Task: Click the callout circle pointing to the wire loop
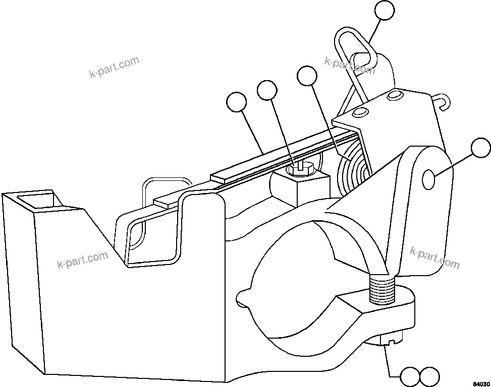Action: (385, 12)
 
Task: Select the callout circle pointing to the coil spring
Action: (307, 77)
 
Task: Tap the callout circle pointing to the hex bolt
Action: (267, 91)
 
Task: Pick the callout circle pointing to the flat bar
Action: (237, 103)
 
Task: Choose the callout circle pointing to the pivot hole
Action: (480, 150)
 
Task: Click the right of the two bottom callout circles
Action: (430, 376)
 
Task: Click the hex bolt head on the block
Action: (300, 168)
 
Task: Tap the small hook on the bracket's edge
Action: (442, 102)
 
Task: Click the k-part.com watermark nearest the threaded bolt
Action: (434, 257)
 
